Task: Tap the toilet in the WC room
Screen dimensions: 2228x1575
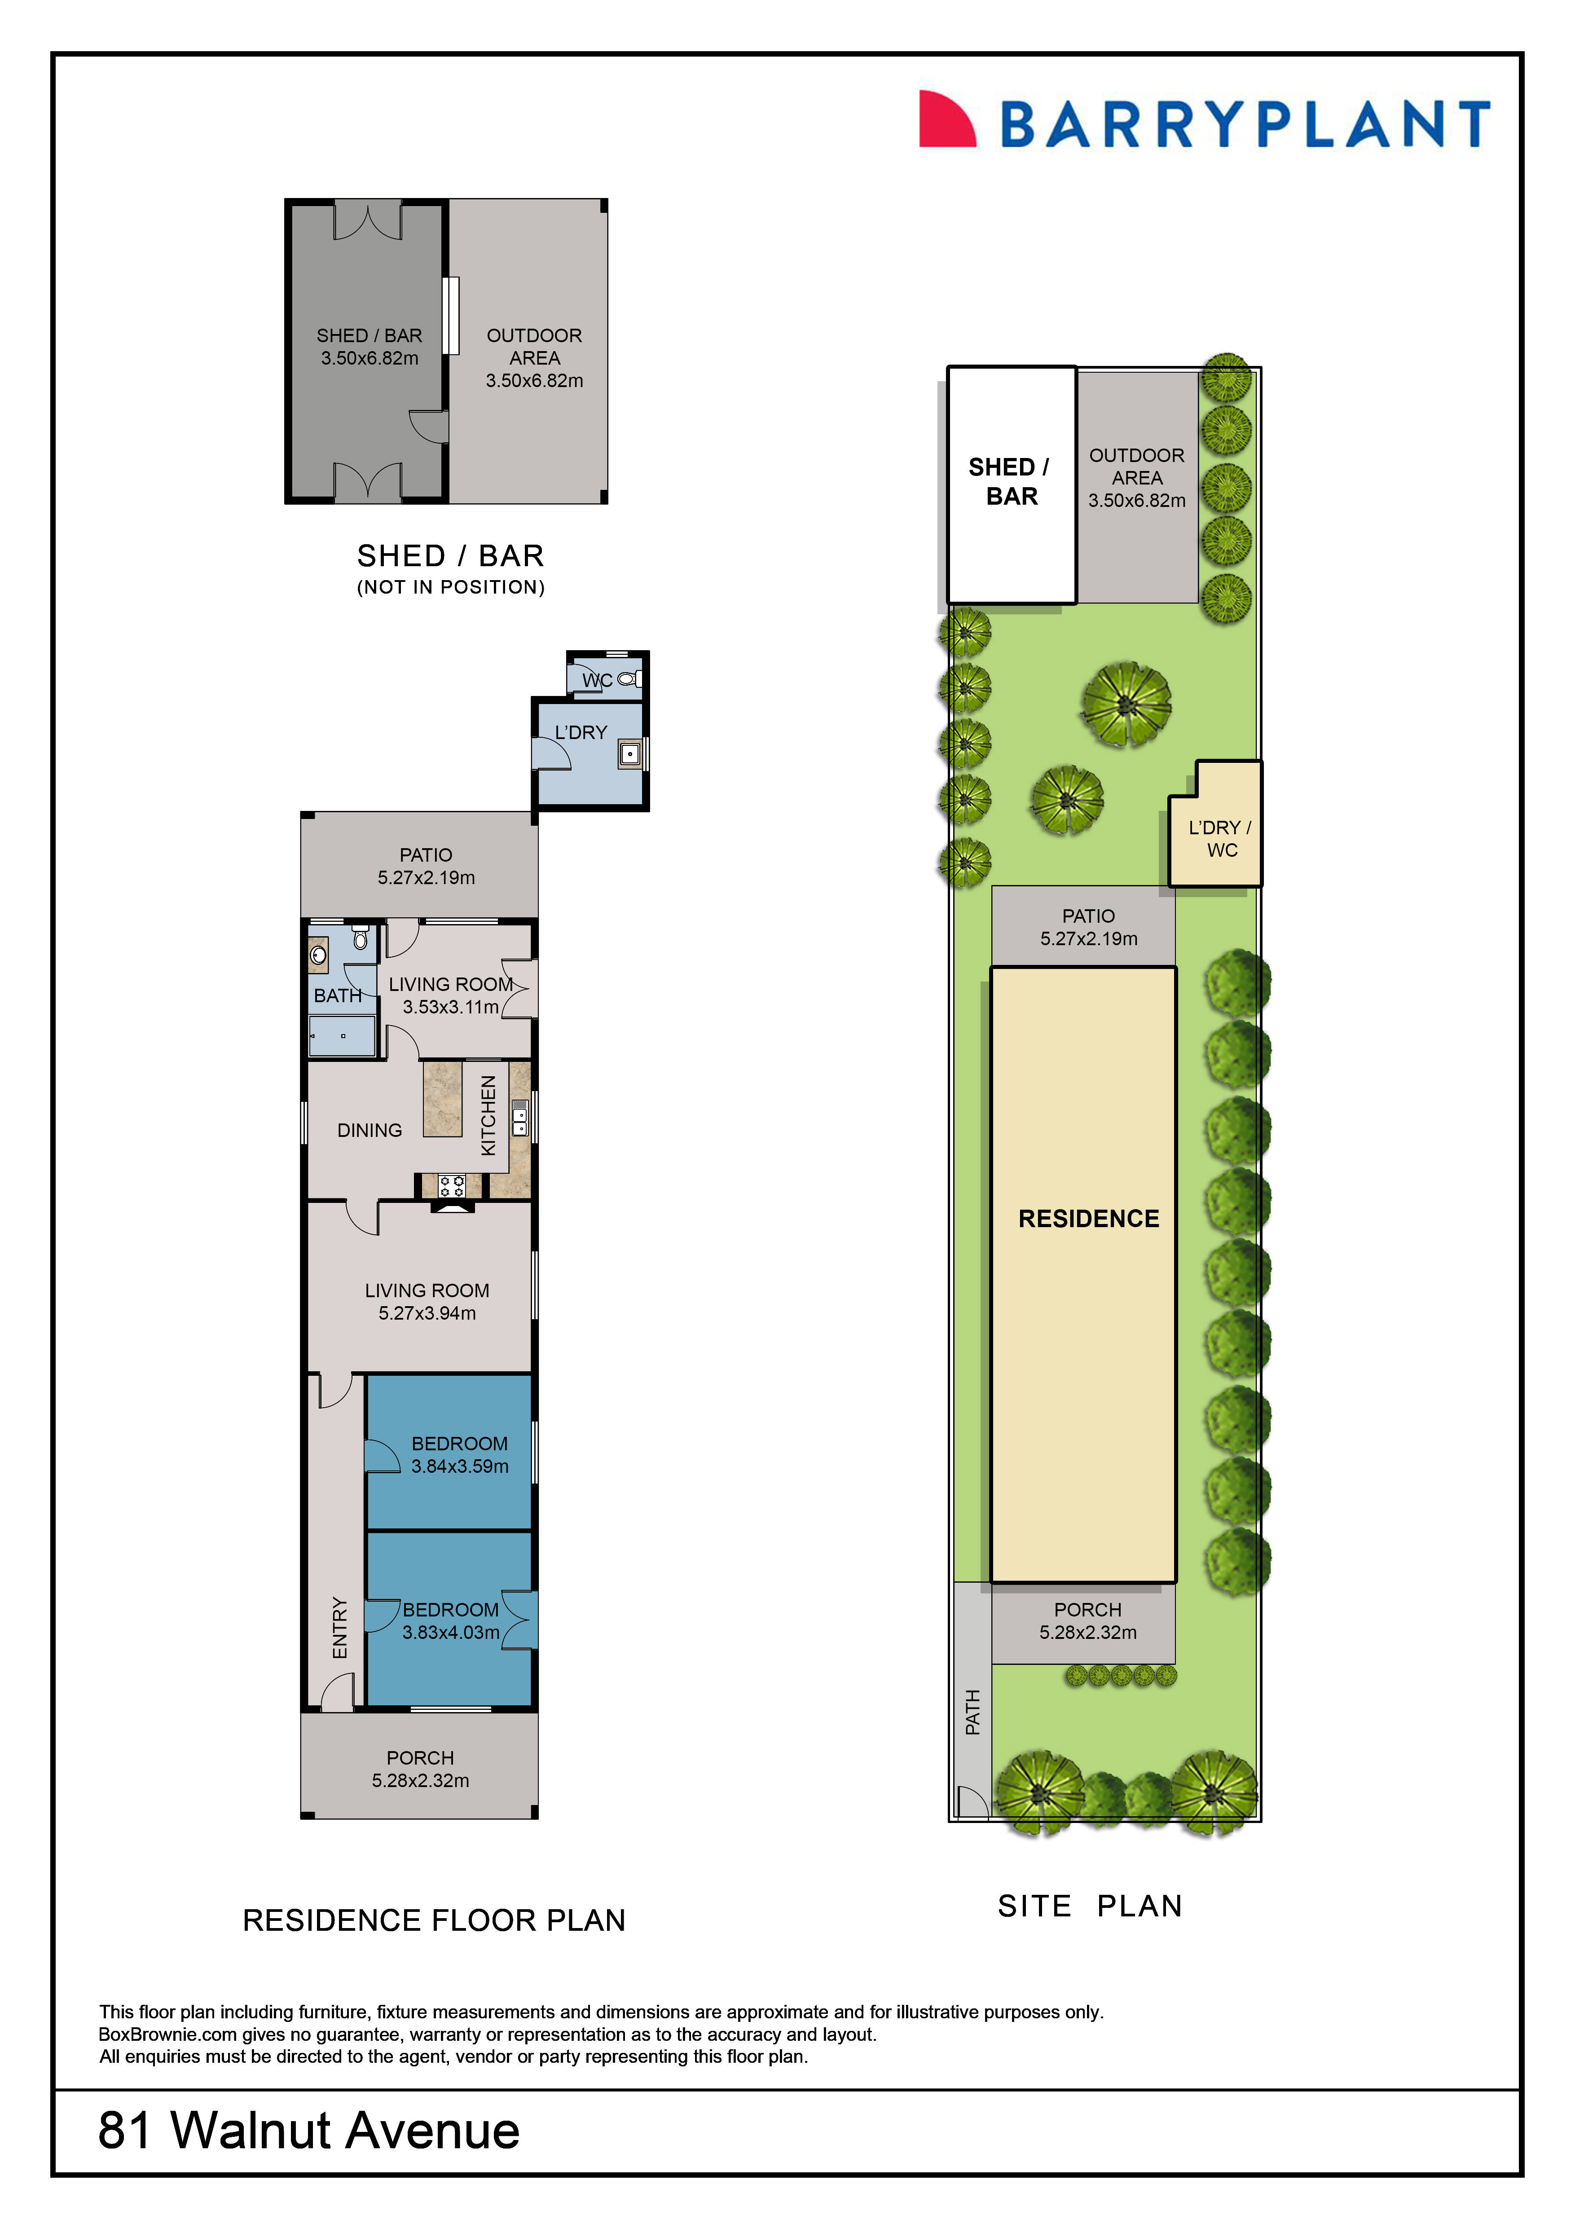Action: click(628, 678)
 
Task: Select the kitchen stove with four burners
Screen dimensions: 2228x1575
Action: click(451, 1185)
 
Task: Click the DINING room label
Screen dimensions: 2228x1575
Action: click(369, 1131)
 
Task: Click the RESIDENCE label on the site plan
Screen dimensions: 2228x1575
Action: click(1088, 1219)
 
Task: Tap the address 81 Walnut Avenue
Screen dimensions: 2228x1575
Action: click(308, 2131)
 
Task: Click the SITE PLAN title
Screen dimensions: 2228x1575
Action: click(1090, 1906)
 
